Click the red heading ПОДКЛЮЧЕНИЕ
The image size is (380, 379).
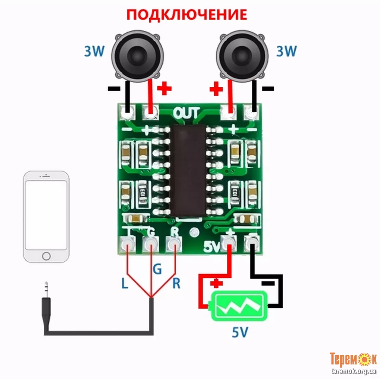pos(187,15)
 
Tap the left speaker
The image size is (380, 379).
pos(138,56)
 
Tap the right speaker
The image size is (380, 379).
pos(242,56)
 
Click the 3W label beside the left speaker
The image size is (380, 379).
pos(94,51)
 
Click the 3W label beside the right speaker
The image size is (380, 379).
pos(287,51)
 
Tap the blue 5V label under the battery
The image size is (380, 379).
pos(240,332)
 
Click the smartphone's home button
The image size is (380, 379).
pos(46,256)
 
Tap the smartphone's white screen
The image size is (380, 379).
pos(46,215)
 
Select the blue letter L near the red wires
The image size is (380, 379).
pos(125,283)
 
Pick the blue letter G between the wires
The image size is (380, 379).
pos(157,269)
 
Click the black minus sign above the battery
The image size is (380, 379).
pos(269,283)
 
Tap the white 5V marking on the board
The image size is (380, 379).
pos(211,247)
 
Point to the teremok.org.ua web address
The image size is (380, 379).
pos(354,371)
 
